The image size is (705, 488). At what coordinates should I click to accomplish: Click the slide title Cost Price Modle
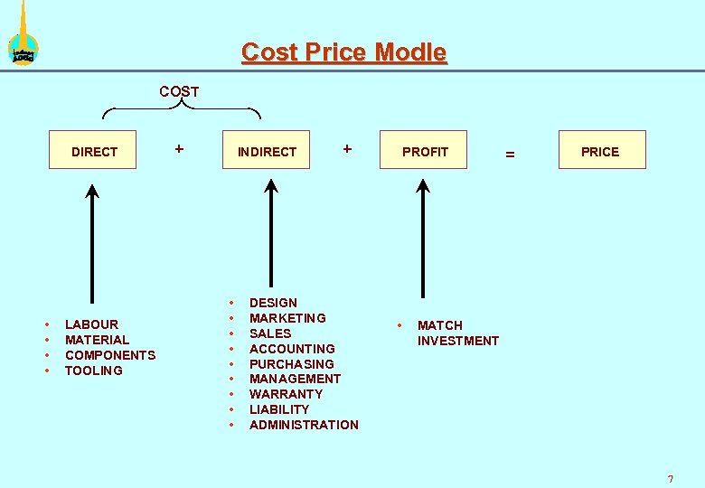click(x=343, y=52)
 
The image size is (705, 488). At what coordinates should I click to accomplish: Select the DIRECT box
click(x=94, y=152)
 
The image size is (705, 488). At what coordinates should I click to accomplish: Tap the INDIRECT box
click(x=267, y=152)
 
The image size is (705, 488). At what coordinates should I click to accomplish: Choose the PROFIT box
click(x=425, y=152)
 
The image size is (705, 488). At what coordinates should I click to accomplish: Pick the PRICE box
click(x=601, y=151)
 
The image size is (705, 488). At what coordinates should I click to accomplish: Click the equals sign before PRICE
click(x=510, y=155)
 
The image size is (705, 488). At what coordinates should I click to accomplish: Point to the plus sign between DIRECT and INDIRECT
click(x=179, y=147)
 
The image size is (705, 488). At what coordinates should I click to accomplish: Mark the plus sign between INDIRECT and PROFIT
click(x=347, y=147)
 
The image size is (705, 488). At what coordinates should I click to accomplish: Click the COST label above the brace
click(x=179, y=91)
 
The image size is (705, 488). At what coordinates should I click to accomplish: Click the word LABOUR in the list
click(x=91, y=324)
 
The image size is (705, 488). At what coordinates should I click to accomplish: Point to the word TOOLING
click(x=94, y=371)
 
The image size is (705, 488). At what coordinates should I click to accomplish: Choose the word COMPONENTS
click(x=110, y=355)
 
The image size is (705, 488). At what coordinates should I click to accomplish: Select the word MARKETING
click(x=287, y=318)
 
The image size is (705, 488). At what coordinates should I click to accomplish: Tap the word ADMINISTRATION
click(x=304, y=425)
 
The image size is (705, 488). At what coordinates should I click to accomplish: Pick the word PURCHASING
click(x=291, y=364)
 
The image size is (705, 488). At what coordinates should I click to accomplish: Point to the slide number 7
click(x=670, y=478)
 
